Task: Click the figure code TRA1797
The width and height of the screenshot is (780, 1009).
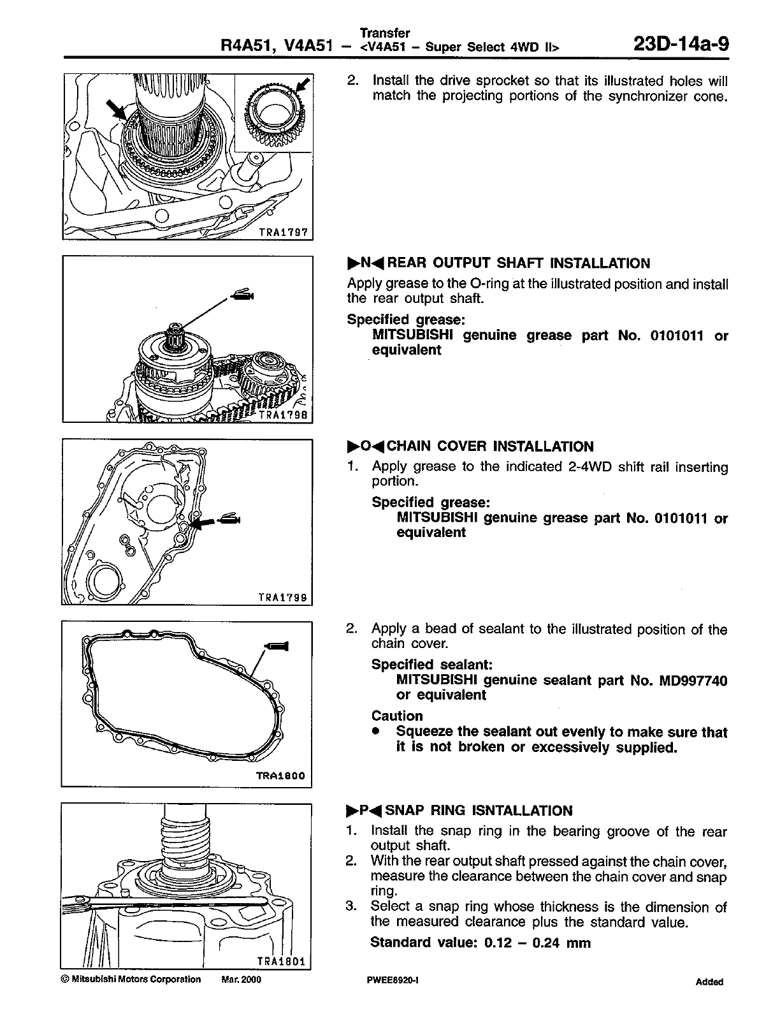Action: [x=284, y=233]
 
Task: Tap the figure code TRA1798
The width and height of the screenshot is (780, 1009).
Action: [x=285, y=415]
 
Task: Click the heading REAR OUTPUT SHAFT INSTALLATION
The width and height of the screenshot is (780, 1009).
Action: [x=519, y=263]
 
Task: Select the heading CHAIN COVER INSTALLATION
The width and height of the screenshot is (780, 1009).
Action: [x=490, y=446]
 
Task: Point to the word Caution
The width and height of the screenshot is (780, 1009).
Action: [x=397, y=716]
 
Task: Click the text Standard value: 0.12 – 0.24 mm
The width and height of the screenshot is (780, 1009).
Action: [x=480, y=943]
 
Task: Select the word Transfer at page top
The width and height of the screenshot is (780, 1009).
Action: [x=385, y=33]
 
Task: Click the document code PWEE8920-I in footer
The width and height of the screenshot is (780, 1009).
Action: [x=389, y=980]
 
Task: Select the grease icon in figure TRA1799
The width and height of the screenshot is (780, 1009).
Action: [x=229, y=520]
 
